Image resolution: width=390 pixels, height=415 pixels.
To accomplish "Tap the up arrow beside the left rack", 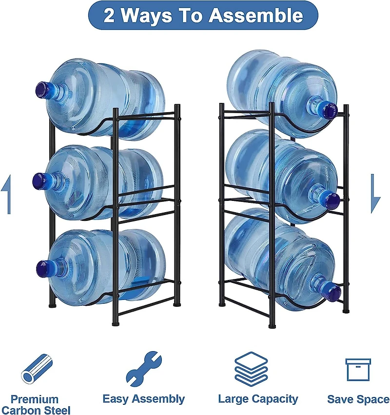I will click(6, 196).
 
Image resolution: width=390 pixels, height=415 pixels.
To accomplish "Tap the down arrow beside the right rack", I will click(374, 194).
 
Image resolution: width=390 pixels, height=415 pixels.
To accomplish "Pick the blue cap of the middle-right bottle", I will click(331, 200).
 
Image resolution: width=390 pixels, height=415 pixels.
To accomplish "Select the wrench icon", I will click(143, 368).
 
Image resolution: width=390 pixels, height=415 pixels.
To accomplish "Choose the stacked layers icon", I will click(251, 369).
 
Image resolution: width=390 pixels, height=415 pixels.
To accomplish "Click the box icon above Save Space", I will click(358, 369).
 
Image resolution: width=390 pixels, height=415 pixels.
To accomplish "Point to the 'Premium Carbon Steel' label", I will click(35, 404).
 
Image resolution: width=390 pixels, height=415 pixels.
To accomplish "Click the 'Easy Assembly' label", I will click(143, 399).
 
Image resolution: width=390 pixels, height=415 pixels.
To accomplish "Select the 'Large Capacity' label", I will click(257, 399).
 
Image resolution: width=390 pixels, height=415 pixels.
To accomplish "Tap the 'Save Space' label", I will click(358, 399).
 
